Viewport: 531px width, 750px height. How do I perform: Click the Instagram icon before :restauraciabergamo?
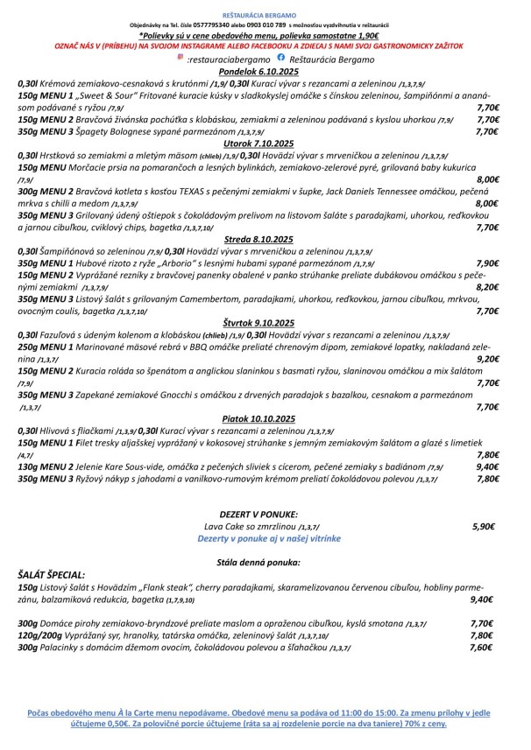point(181,56)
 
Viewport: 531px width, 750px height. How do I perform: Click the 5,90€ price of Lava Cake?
point(484,528)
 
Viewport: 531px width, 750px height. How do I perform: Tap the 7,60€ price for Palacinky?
point(484,648)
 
